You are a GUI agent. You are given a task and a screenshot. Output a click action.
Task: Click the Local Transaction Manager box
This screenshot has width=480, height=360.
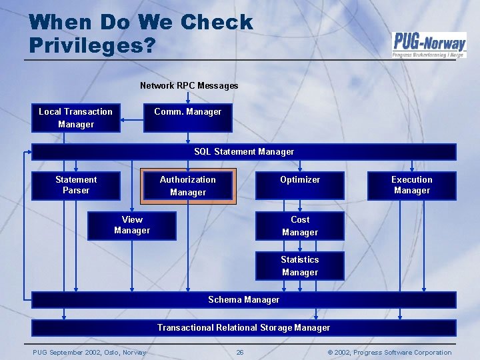point(75,118)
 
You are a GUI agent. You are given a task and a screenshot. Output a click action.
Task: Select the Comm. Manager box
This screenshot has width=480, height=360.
point(187,118)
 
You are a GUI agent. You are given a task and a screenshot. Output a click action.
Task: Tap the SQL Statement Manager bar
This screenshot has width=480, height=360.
point(244,152)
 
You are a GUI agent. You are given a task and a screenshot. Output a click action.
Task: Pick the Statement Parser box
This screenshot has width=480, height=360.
point(75,185)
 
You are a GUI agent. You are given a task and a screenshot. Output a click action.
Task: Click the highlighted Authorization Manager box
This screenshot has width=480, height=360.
point(187,186)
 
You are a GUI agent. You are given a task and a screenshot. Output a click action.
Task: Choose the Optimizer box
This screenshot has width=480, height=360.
point(300,185)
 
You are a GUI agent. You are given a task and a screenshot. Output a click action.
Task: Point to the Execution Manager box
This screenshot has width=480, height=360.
point(411,185)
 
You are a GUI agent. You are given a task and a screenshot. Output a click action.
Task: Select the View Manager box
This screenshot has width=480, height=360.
point(132,225)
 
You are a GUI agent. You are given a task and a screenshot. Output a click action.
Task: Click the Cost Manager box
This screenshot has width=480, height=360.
point(300,226)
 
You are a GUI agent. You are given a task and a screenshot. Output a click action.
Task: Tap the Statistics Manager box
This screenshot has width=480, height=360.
point(300,266)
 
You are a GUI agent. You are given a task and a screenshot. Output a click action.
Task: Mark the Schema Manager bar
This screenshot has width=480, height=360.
point(244,300)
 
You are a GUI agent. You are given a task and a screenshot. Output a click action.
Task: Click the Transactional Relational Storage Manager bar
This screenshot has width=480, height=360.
point(244,327)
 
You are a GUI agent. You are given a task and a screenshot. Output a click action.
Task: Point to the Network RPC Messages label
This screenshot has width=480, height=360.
point(189,85)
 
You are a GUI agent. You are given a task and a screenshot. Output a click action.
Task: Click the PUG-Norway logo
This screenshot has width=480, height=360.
point(429,45)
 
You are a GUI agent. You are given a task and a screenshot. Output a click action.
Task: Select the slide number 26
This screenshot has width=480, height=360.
point(239,353)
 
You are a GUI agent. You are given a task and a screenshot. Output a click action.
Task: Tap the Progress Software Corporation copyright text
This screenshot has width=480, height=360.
point(390,353)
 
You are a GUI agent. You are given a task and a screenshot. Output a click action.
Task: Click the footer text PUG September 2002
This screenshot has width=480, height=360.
point(89,353)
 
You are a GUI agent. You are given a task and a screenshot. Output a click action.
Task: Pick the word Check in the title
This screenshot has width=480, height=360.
point(217,22)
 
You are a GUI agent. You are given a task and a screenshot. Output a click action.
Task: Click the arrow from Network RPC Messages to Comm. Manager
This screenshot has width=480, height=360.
point(188,97)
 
